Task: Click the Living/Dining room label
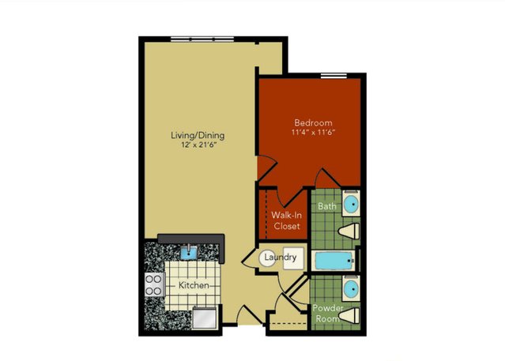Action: (198, 135)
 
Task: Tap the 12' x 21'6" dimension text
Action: (198, 145)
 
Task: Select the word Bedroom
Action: (313, 122)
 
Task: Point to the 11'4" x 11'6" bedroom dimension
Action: (314, 132)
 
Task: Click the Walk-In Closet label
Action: (286, 220)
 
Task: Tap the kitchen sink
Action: (188, 252)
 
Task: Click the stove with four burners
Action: (153, 285)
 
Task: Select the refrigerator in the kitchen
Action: (205, 318)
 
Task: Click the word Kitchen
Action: (194, 285)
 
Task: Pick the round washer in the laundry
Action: (267, 258)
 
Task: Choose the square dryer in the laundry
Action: (293, 258)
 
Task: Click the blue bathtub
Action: (334, 261)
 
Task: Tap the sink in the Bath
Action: (351, 204)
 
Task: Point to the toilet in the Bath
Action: (349, 231)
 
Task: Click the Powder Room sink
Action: (351, 288)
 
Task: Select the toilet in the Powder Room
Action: (349, 315)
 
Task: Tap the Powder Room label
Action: (327, 314)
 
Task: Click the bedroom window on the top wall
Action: (334, 76)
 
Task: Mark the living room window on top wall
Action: (202, 39)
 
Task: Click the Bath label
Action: (327, 206)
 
